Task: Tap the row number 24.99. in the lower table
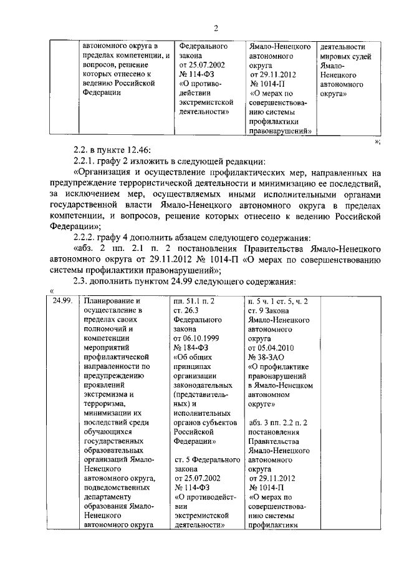(x=62, y=300)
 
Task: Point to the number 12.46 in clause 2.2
(x=135, y=148)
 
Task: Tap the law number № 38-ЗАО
(x=269, y=357)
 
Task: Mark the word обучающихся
(x=108, y=431)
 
